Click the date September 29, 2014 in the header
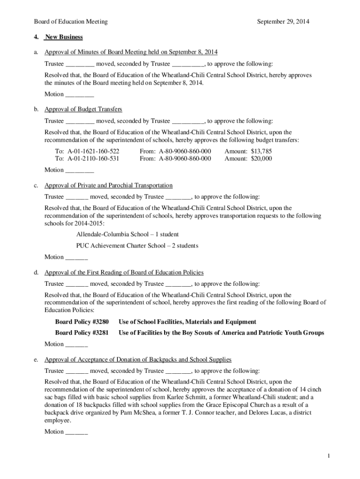283,22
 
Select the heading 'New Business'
64,37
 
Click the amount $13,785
261,151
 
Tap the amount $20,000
261,159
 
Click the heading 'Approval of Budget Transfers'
83,109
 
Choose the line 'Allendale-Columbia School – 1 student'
127,234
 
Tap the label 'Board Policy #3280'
82,322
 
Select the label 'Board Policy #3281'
82,333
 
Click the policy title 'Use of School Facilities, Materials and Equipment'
187,322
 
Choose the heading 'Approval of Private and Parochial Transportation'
108,185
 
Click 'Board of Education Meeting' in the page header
71,22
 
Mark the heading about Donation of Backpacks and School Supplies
138,360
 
